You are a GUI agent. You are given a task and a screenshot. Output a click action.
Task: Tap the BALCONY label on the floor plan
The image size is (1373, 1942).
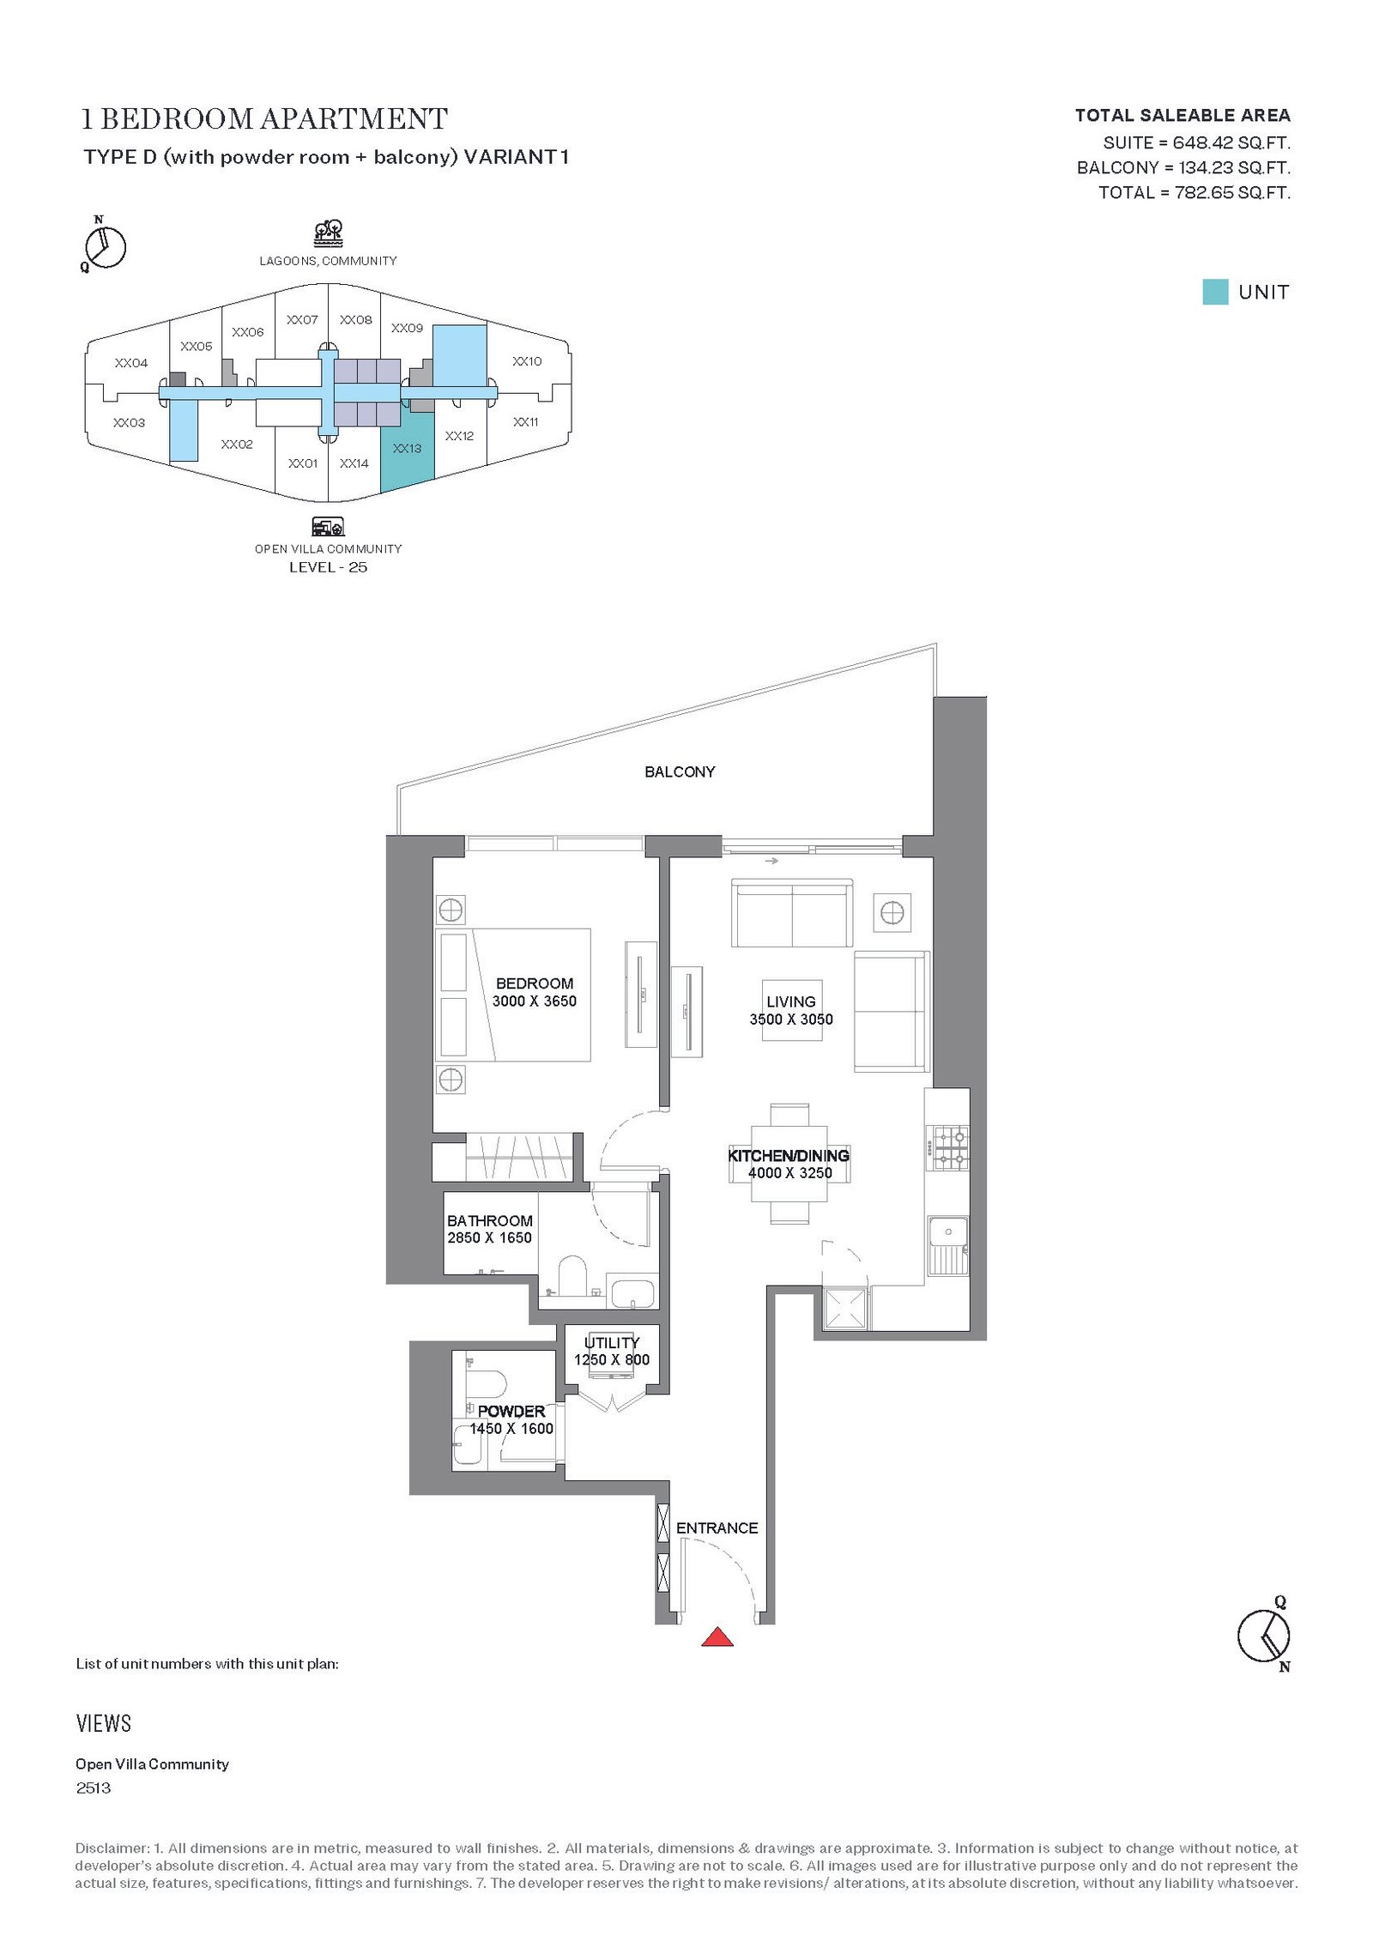point(680,771)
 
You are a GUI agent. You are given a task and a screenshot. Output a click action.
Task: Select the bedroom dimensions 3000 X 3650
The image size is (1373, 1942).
point(534,1001)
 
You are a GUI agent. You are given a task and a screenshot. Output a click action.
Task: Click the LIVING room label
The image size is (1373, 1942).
point(790,1001)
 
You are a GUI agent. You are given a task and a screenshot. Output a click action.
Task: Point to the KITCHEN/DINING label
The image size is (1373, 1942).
point(789,1155)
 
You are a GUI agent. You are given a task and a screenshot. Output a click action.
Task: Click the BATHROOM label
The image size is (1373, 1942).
point(489,1220)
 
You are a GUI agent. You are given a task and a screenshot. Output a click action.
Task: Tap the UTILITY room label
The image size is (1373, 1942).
point(612,1342)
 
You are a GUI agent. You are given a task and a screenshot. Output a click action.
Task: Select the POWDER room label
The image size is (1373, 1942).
point(511,1411)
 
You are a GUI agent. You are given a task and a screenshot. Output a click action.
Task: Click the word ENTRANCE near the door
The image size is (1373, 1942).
point(717,1528)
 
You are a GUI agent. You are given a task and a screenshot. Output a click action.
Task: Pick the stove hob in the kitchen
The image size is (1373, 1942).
point(951,1148)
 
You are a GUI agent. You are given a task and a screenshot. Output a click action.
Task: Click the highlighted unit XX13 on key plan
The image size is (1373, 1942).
point(407,449)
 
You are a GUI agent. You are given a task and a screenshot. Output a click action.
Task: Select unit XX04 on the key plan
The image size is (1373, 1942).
point(131,363)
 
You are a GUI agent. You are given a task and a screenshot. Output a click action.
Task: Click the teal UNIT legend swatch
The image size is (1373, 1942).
point(1215,292)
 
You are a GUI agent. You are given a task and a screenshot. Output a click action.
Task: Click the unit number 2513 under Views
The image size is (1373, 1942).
point(94,1788)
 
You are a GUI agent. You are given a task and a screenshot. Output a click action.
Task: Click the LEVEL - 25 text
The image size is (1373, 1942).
point(328,567)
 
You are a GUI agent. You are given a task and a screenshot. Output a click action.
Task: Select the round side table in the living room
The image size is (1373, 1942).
point(892,912)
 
